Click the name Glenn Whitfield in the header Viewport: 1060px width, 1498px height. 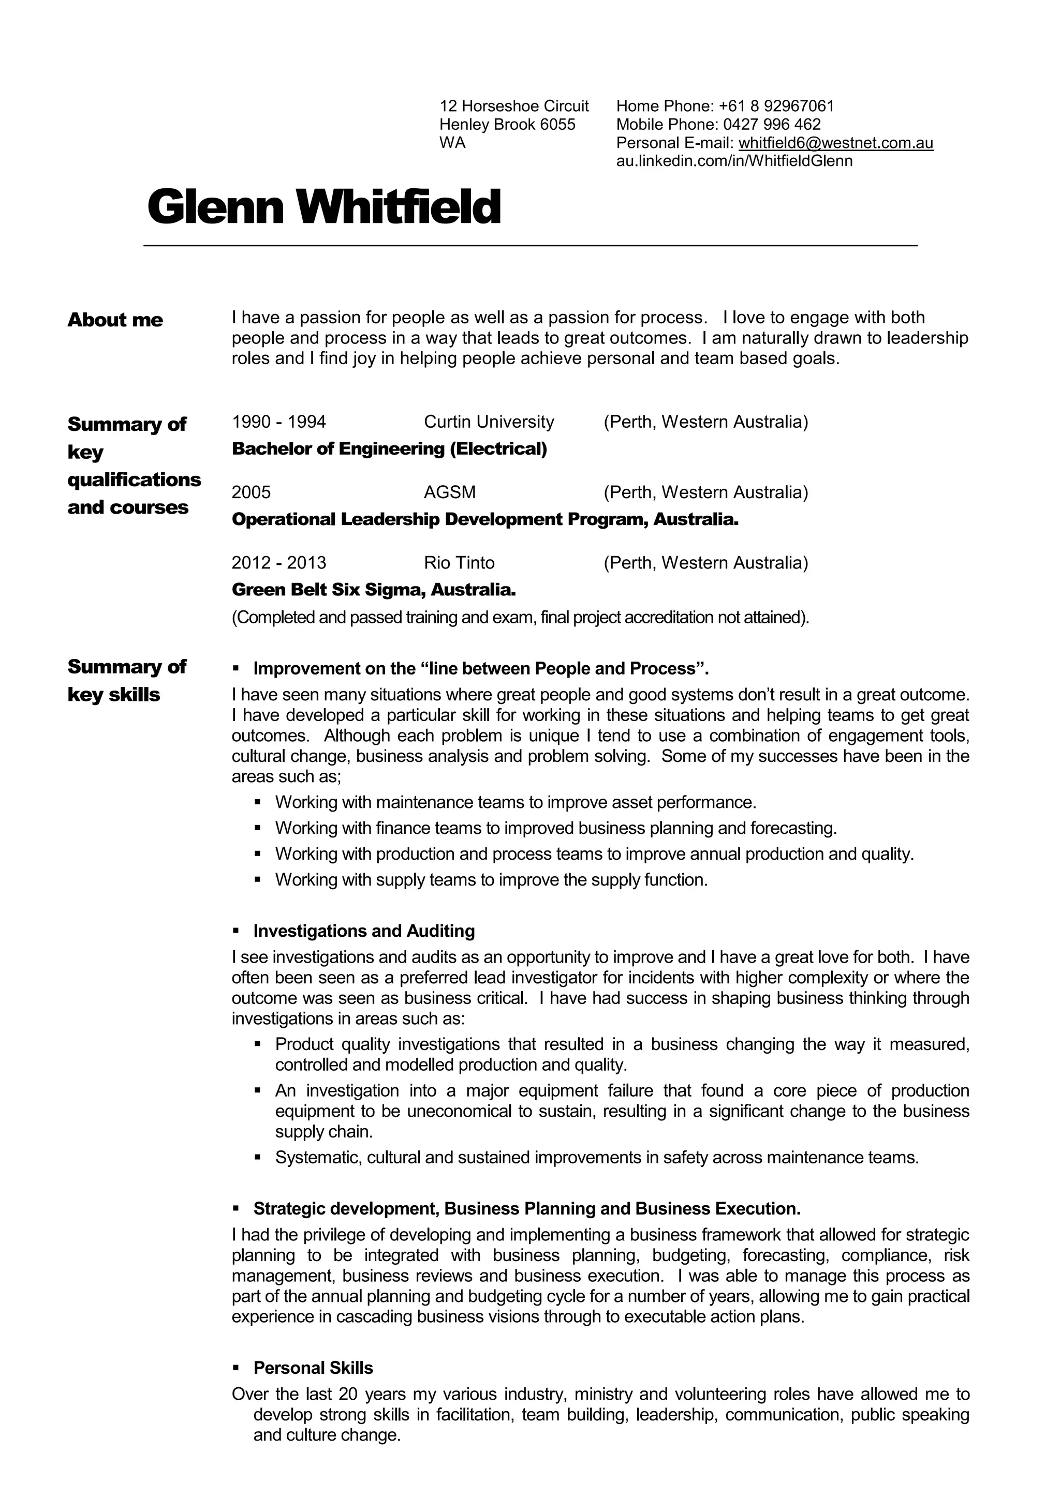[x=325, y=207]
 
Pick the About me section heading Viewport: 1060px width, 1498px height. [x=115, y=320]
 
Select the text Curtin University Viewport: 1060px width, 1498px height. [x=489, y=422]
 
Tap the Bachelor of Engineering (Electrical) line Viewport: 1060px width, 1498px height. [x=389, y=449]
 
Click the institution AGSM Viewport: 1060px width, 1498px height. [x=450, y=492]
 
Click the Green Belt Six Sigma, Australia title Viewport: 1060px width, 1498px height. [x=374, y=590]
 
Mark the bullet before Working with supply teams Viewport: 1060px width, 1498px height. [x=258, y=880]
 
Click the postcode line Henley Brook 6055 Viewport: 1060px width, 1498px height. [x=507, y=125]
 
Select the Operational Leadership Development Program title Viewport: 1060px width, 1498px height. [x=485, y=519]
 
